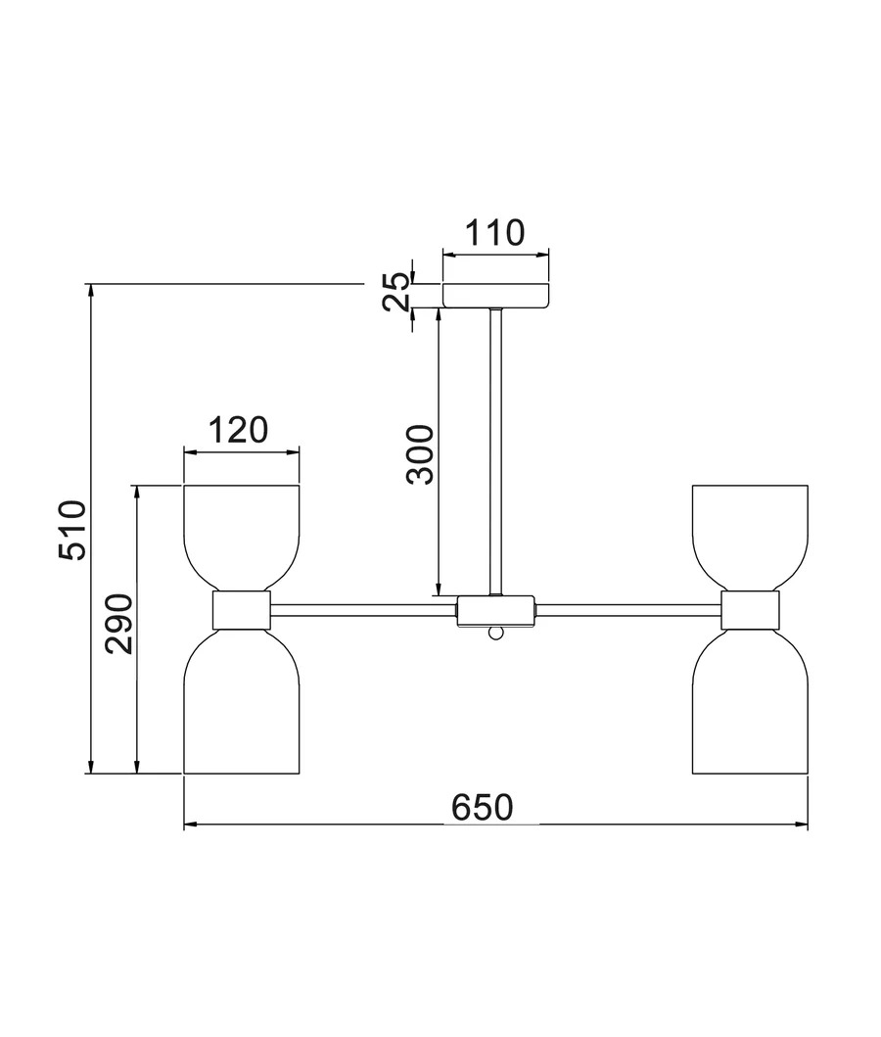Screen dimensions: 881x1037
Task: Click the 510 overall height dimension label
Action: [x=72, y=531]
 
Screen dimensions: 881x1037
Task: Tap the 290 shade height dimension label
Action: [x=119, y=625]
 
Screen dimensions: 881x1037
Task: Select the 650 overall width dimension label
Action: [x=483, y=808]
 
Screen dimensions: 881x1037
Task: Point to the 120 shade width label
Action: [x=239, y=430]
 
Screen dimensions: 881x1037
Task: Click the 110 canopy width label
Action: [x=495, y=233]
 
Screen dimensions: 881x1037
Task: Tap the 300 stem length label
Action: [x=420, y=455]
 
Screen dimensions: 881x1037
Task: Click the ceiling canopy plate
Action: [x=495, y=296]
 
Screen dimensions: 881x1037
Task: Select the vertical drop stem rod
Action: [x=495, y=451]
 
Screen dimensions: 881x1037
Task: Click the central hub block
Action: [x=495, y=611]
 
